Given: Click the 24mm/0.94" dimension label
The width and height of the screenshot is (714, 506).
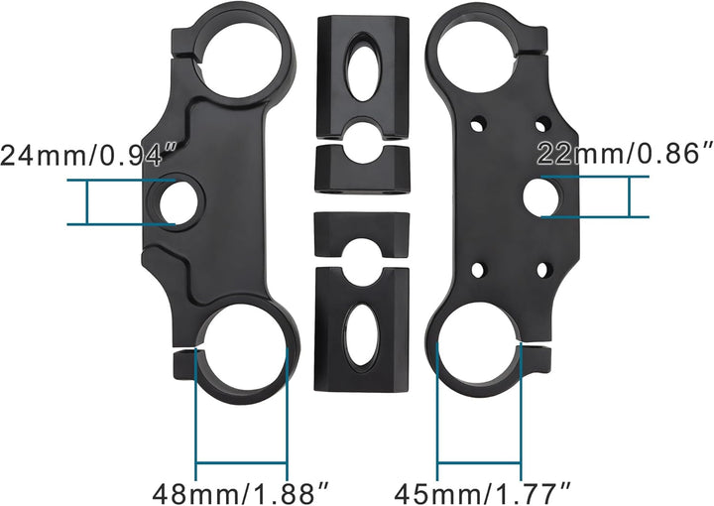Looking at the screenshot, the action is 88,155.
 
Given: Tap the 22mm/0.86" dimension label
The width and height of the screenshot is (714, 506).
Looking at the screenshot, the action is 625,154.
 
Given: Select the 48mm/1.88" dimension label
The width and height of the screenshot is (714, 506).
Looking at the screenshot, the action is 240,493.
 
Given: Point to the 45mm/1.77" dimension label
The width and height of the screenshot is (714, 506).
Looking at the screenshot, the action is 482,493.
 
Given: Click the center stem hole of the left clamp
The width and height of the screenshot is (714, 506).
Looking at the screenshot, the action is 178,202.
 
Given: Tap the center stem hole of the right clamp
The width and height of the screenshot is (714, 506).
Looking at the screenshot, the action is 541,197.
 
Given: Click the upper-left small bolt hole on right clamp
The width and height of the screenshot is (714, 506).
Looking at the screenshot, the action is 477,124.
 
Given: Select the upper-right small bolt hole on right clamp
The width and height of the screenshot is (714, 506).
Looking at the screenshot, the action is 542,124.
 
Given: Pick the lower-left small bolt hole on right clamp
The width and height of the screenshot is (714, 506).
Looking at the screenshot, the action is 477,270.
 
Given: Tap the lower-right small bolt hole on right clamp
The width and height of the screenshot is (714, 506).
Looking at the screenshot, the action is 542,270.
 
